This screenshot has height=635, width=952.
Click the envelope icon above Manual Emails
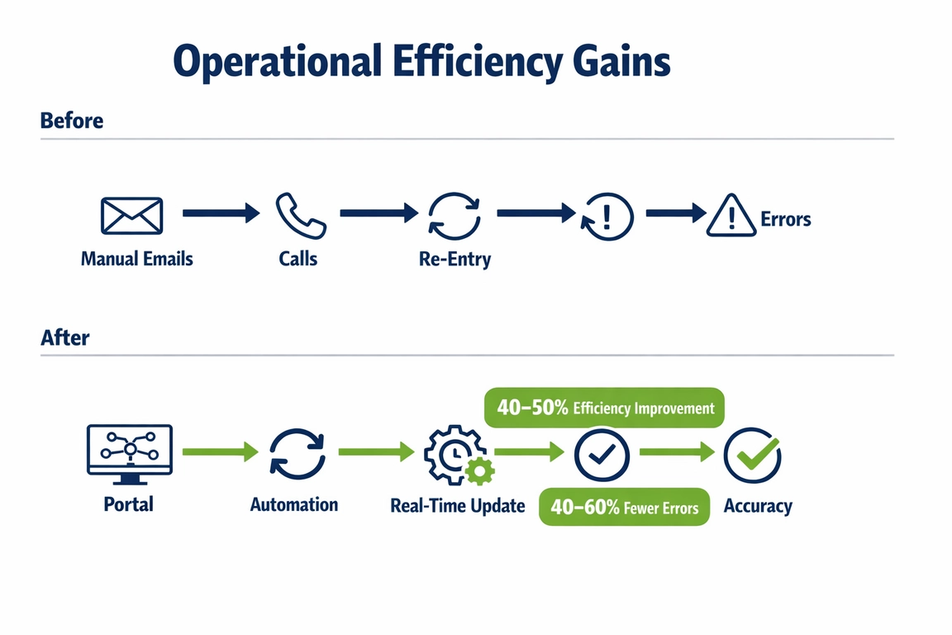(x=131, y=215)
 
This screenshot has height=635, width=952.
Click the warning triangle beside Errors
(x=731, y=217)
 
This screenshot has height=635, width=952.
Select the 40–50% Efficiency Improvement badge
(x=604, y=408)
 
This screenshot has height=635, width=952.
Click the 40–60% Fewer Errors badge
(x=624, y=507)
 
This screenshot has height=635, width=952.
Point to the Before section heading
(x=72, y=121)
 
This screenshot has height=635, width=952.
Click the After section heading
(x=64, y=337)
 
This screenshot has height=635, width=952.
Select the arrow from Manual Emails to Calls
(x=220, y=213)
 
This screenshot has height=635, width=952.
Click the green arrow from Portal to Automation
(x=219, y=451)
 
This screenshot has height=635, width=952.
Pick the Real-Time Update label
(x=457, y=505)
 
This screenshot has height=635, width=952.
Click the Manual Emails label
(x=136, y=259)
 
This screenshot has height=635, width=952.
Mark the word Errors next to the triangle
(x=785, y=220)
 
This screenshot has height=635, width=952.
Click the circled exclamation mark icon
(x=607, y=217)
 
